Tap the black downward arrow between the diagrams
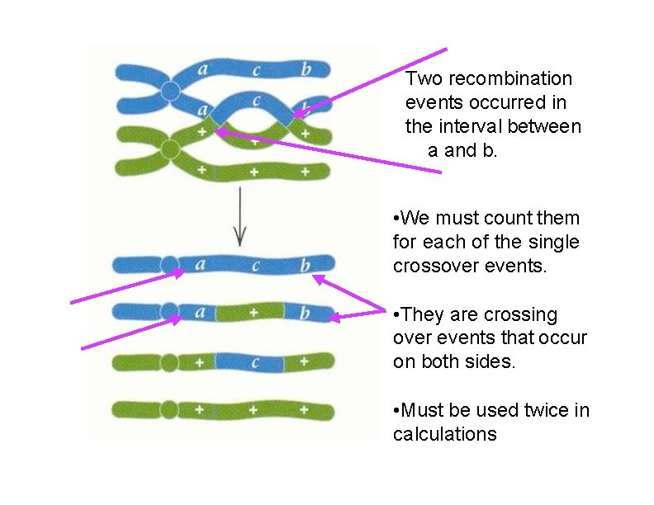pyautogui.click(x=239, y=216)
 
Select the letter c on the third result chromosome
pyautogui.click(x=255, y=361)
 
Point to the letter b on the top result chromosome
pyautogui.click(x=305, y=266)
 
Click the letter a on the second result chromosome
pyautogui.click(x=199, y=314)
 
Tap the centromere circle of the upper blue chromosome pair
pyautogui.click(x=170, y=91)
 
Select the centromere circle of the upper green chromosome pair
pyautogui.click(x=170, y=149)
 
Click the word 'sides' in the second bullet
pyautogui.click(x=488, y=362)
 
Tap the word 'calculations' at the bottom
pyautogui.click(x=445, y=434)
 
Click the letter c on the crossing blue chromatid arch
pyautogui.click(x=257, y=101)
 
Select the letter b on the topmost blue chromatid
pyautogui.click(x=306, y=69)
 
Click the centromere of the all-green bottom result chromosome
pyautogui.click(x=169, y=409)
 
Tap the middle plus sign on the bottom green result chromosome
pyautogui.click(x=253, y=409)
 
